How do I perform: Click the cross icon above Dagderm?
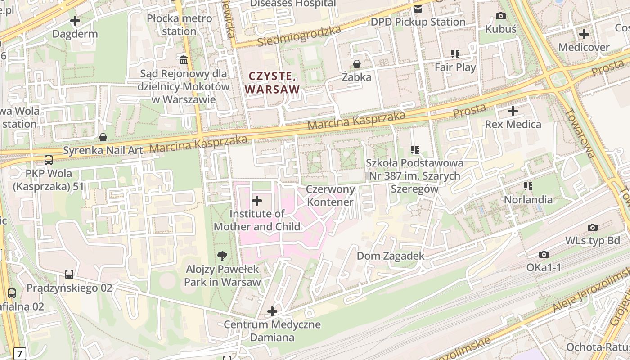(75, 21)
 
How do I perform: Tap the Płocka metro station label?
(179, 25)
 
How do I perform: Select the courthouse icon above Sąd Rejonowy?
(184, 59)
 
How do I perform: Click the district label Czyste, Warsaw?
(272, 83)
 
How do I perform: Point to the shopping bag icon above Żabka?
(357, 64)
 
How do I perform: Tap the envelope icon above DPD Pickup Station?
(418, 9)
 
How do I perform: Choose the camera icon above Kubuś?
(500, 16)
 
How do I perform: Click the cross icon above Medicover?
(584, 34)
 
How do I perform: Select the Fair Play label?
(455, 67)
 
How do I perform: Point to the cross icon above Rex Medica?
(513, 111)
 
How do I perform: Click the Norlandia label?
(528, 199)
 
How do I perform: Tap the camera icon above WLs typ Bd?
(593, 228)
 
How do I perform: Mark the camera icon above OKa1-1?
(544, 255)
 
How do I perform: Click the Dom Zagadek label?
(390, 256)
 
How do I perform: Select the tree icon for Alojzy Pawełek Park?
(222, 256)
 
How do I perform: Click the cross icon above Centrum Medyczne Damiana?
(272, 311)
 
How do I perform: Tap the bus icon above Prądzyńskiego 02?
(69, 274)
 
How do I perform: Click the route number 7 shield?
(19, 353)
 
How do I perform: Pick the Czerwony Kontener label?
(330, 196)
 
